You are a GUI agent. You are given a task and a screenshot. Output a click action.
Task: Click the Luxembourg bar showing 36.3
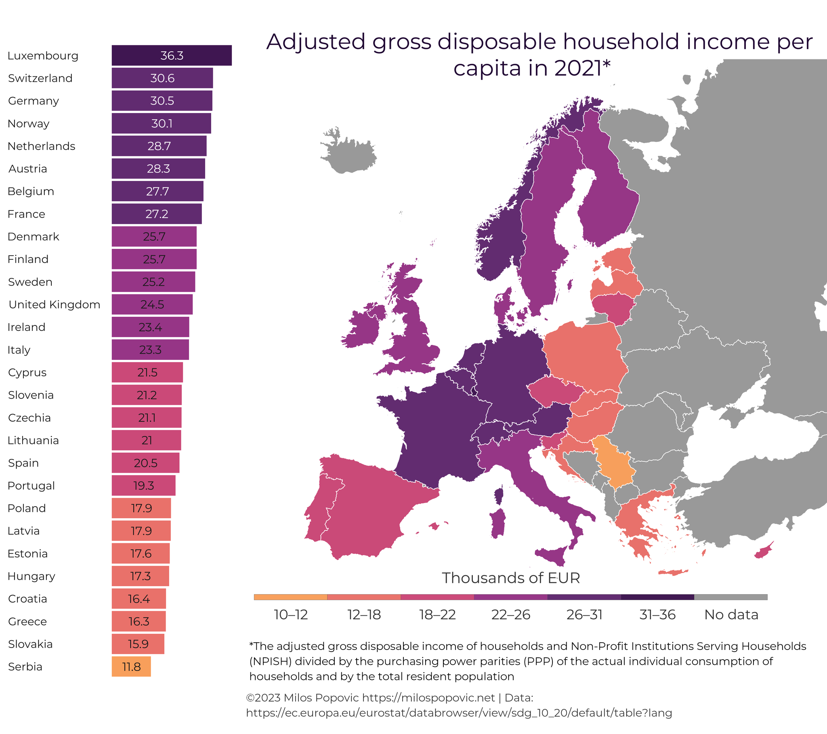[172, 55]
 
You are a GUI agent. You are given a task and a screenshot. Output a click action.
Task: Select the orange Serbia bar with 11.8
[131, 667]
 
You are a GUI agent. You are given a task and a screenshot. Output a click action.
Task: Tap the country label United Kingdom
[54, 305]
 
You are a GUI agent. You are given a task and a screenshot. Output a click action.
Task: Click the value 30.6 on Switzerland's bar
[162, 78]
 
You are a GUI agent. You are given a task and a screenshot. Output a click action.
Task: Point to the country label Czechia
[29, 418]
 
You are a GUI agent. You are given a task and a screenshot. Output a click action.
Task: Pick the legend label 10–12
[290, 614]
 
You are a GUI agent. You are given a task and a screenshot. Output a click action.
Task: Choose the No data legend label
[731, 614]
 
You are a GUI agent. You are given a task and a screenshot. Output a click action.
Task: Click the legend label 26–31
[584, 614]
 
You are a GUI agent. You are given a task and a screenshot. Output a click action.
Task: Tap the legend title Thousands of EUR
[510, 578]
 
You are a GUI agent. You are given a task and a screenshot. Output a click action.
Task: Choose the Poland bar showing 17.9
[141, 508]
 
